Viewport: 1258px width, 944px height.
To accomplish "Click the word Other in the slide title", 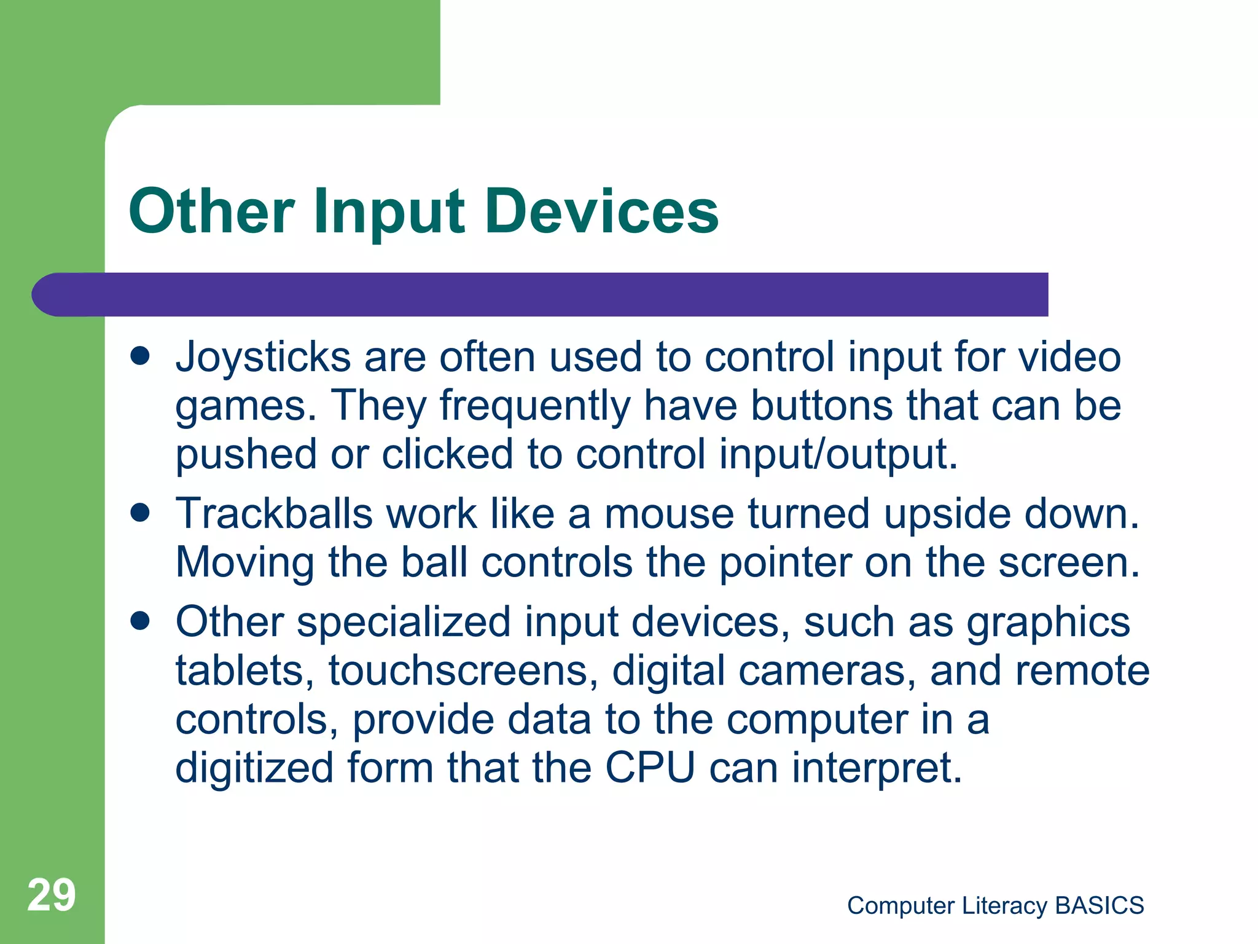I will point(211,211).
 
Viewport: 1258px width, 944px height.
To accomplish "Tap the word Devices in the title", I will point(602,211).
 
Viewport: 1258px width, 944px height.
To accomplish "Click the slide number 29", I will point(52,895).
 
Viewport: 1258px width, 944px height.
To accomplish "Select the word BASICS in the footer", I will point(1100,905).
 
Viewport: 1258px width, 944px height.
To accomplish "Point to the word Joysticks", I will point(263,358).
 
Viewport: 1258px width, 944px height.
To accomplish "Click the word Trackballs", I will point(273,514).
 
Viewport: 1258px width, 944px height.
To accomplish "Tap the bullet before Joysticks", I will point(141,356).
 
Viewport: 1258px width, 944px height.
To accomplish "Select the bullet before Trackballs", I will point(141,513).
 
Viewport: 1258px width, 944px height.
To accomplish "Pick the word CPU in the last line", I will point(650,768).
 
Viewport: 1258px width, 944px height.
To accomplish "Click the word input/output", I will point(838,454).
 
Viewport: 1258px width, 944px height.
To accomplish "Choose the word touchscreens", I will point(463,671).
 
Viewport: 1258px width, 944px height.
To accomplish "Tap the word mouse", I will point(669,514).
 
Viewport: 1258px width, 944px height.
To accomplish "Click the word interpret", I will point(877,769).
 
